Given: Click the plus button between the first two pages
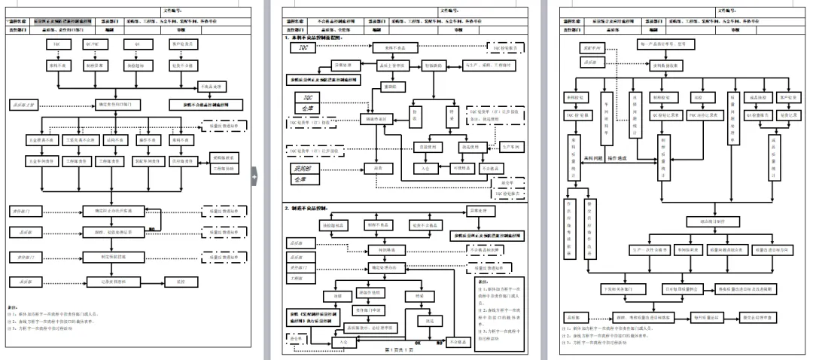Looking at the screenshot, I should click(254, 177).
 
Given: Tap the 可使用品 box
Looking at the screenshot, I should click(462, 167).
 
